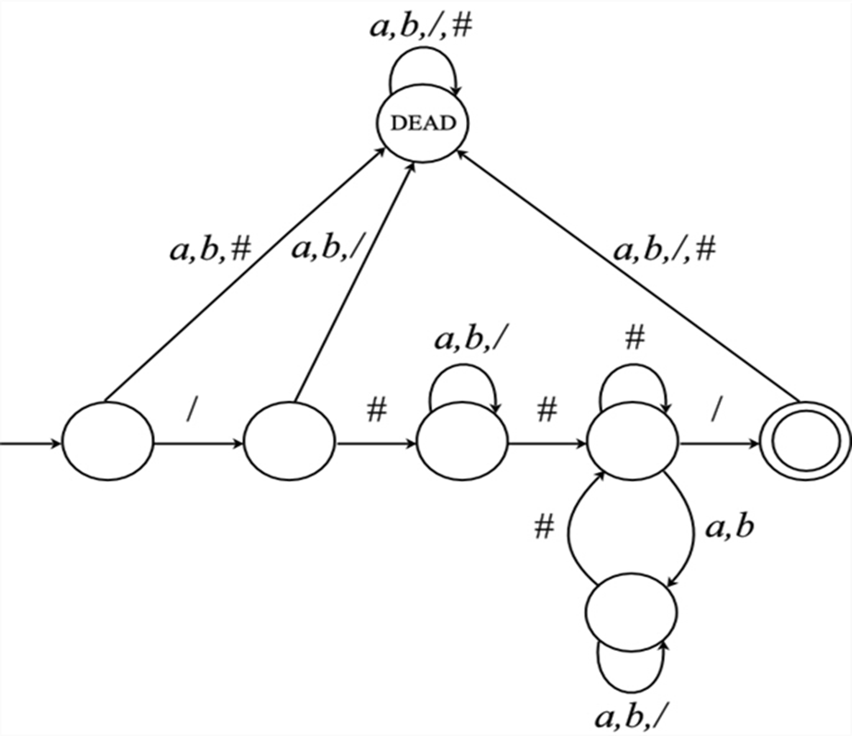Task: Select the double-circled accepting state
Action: [x=802, y=444]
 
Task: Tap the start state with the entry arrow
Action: [x=108, y=444]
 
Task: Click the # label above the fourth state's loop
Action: [x=633, y=339]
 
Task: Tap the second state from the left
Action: [x=290, y=444]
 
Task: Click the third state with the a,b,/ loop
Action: [x=462, y=444]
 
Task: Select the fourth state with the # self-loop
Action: [x=633, y=444]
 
